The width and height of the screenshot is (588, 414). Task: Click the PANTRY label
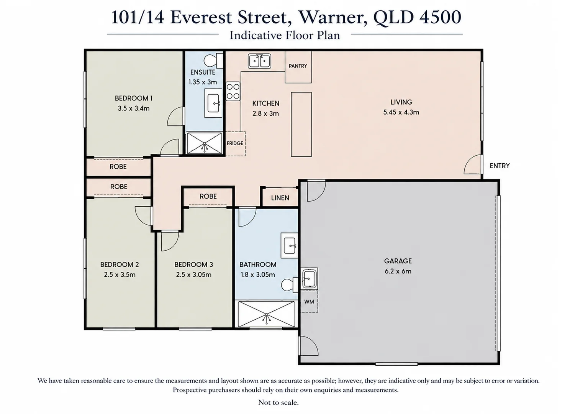[298, 66]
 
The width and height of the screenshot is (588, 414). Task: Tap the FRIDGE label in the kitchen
[235, 143]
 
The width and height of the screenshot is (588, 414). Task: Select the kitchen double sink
[259, 61]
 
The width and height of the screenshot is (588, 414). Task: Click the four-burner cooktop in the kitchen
[233, 91]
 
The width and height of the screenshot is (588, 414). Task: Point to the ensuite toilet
[213, 61]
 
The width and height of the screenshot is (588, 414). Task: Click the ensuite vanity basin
[213, 103]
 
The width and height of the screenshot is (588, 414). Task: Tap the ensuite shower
[204, 143]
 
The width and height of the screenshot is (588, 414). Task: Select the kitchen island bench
[301, 124]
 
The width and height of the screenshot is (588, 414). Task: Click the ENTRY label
[500, 166]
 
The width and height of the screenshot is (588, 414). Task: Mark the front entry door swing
[473, 164]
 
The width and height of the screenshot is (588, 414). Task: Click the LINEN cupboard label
[280, 198]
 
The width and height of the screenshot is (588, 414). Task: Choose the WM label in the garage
[309, 302]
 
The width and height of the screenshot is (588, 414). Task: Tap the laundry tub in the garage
[309, 278]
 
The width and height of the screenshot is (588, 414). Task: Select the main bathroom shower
[266, 314]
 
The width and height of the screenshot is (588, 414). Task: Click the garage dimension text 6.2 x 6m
[398, 271]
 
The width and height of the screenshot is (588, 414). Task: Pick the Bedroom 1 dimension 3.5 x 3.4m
[134, 108]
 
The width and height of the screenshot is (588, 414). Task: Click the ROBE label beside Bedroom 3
[208, 196]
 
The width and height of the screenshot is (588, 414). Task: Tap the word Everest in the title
[201, 17]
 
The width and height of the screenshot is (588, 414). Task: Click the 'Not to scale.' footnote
[278, 402]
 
